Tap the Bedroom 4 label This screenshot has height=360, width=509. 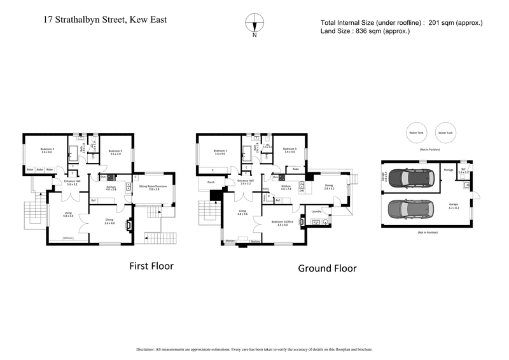coord(47,150)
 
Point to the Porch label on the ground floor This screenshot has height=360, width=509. coord(211,183)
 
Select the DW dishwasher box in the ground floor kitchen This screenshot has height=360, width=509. coord(302,190)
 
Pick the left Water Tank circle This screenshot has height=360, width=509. coord(416,133)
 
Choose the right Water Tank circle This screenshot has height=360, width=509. coord(445,133)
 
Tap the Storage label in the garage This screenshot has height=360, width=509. coord(449,170)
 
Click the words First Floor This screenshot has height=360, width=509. coord(151,265)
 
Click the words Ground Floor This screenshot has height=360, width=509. coord(327,268)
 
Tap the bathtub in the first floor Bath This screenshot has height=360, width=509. coord(73,152)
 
